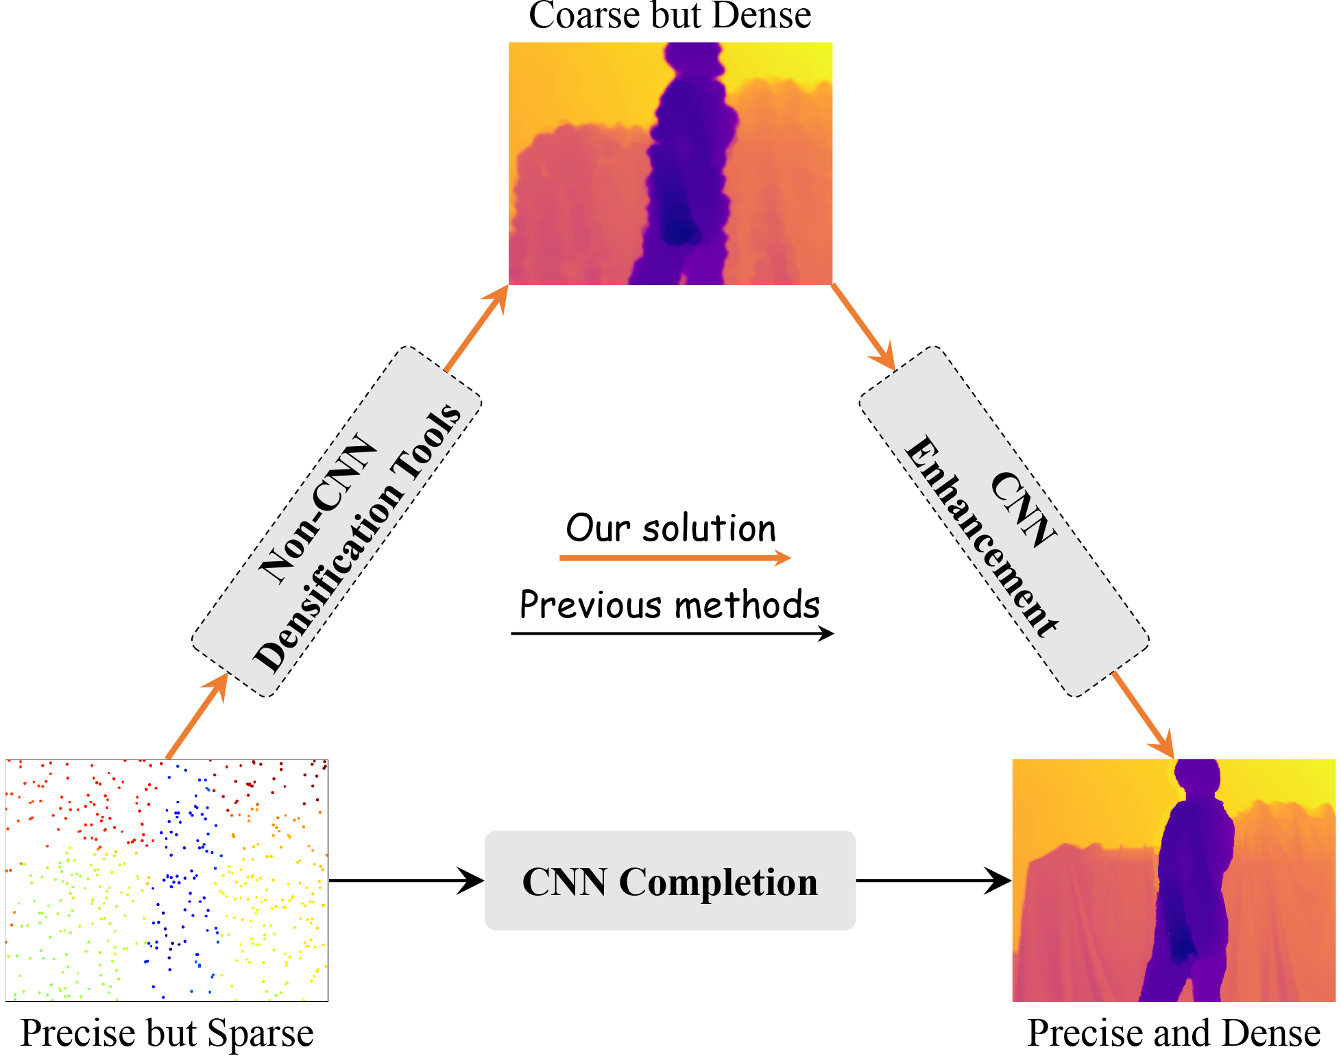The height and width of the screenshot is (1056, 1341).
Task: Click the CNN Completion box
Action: [x=670, y=881]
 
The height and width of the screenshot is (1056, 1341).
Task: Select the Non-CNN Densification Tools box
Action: [x=337, y=522]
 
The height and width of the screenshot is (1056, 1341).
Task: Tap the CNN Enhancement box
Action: [x=1004, y=522]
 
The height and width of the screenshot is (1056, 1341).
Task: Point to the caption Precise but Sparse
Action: [x=167, y=1033]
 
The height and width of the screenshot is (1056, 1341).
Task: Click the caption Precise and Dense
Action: [x=1174, y=1033]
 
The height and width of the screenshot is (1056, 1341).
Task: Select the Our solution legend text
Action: [x=670, y=528]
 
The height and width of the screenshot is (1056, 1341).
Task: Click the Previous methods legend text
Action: [x=670, y=605]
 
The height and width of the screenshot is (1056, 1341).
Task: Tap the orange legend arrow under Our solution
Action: [x=675, y=558]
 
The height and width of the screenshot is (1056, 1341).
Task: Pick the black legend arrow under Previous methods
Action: [x=672, y=634]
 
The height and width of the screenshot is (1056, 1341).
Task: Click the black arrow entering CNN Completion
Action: [x=407, y=881]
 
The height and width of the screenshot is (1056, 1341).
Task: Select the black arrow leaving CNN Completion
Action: [x=934, y=881]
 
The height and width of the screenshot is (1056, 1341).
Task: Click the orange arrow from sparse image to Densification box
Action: [x=197, y=715]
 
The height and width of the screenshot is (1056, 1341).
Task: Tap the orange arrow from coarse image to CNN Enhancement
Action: [x=863, y=327]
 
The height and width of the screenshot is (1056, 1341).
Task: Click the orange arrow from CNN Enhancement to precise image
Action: [x=1143, y=715]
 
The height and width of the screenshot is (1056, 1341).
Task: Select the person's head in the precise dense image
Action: [x=1196, y=774]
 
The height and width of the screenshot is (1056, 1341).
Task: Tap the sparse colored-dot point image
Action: [x=167, y=880]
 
